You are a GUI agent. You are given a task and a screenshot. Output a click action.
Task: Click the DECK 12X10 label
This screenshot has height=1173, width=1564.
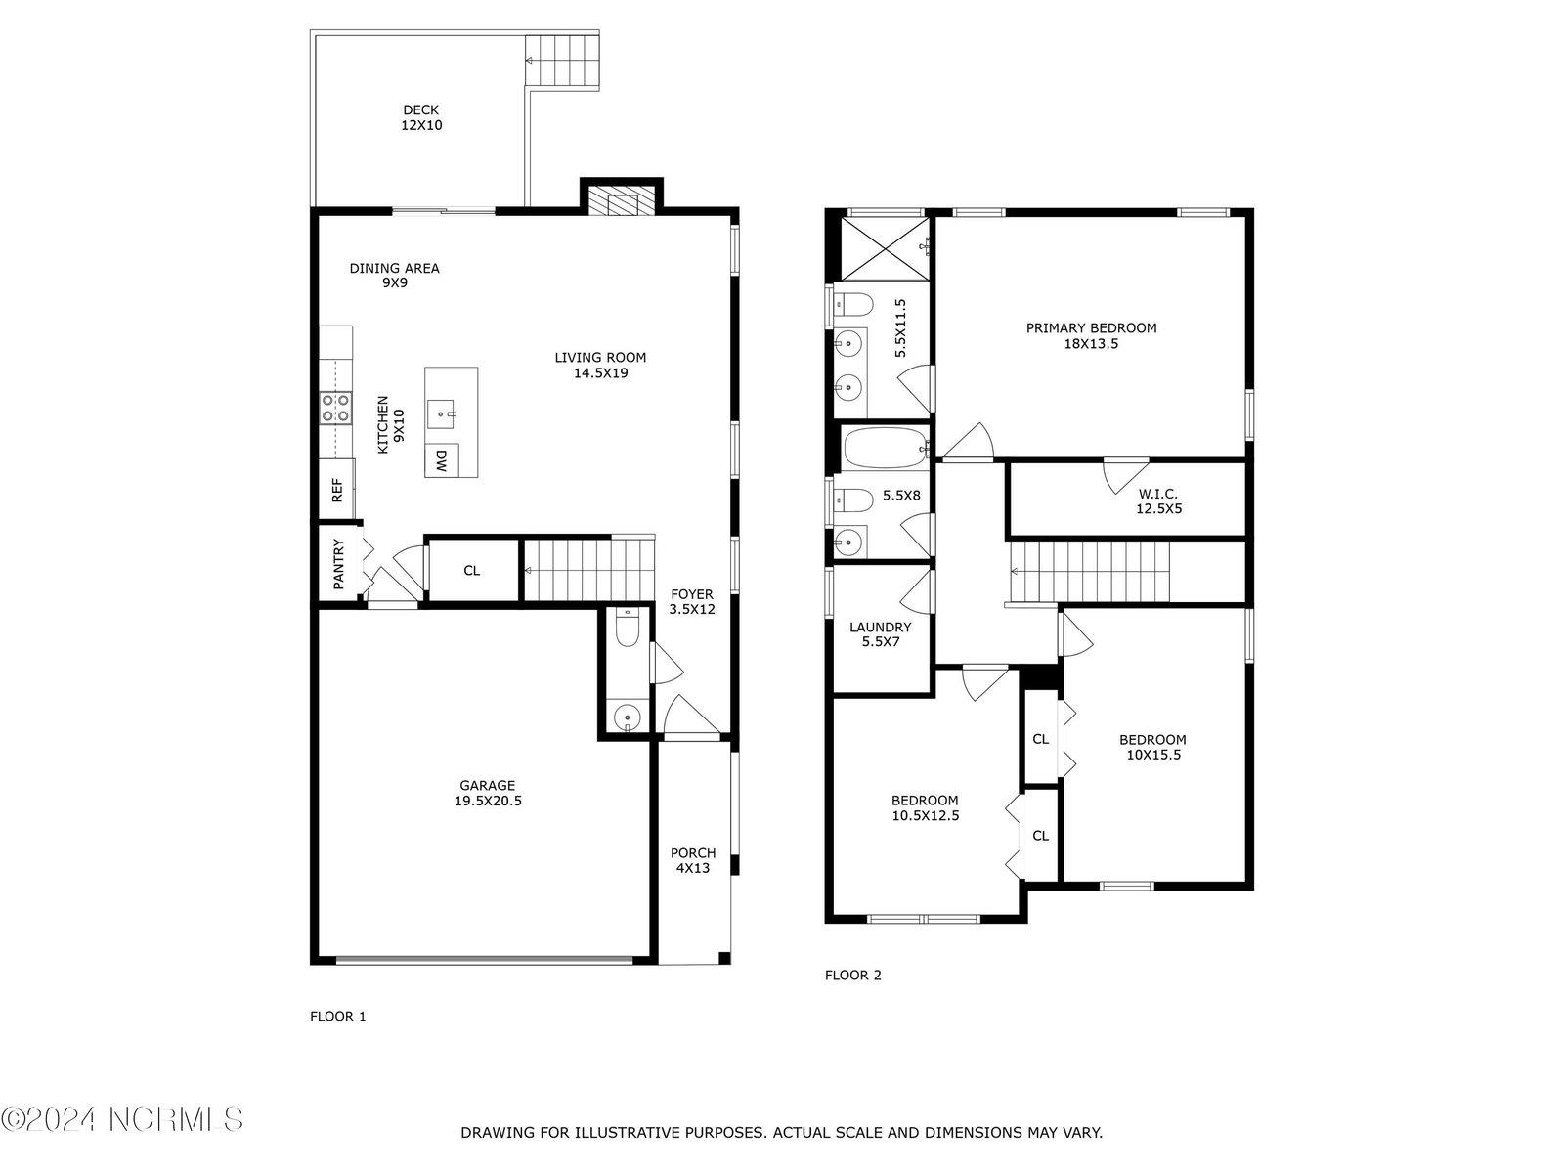point(421,117)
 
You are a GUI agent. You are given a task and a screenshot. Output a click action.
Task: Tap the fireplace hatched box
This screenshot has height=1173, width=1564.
point(622,200)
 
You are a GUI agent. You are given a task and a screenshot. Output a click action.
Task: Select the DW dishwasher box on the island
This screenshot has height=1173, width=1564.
point(441,460)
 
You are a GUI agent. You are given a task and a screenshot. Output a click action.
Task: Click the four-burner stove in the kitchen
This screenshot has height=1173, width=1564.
point(335,408)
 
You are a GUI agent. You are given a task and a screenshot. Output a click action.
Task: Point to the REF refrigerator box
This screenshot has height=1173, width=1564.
point(336,490)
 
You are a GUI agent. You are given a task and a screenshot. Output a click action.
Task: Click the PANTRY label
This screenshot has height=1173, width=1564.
point(338,564)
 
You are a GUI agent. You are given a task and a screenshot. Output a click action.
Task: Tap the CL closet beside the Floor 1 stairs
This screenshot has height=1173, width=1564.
point(472,571)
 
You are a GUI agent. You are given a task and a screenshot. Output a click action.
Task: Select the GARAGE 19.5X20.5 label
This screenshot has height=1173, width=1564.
point(488,793)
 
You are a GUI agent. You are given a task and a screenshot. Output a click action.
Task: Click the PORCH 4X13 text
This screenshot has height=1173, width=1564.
point(693,860)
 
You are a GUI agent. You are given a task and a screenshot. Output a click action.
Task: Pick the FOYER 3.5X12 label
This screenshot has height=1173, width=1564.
point(692,601)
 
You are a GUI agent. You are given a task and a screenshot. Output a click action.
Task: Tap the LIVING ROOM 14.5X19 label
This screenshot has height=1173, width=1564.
point(600,365)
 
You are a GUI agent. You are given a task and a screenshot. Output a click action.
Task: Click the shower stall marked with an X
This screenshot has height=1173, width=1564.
point(885,248)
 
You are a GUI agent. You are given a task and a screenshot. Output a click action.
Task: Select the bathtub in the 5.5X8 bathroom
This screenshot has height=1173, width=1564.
point(886,448)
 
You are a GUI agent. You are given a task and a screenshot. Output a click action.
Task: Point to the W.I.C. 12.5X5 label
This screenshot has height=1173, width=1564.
point(1158,500)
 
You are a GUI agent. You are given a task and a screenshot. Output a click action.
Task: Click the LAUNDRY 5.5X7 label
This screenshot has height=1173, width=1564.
point(880,633)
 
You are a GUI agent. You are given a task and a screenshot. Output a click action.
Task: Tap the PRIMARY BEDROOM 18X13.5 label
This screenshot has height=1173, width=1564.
point(1091,335)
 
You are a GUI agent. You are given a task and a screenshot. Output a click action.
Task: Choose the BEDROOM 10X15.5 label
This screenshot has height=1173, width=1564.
point(1152,747)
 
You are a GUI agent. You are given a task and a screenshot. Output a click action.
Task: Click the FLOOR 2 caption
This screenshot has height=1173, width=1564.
point(853,975)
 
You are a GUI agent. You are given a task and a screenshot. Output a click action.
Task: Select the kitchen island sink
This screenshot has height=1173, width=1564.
point(442,414)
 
